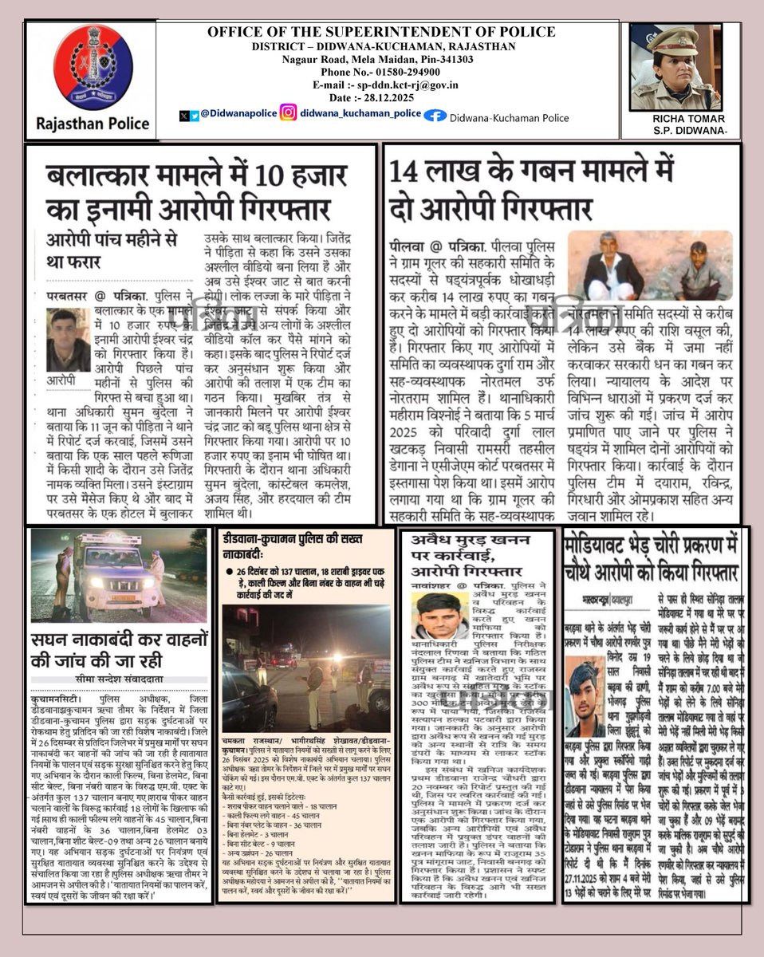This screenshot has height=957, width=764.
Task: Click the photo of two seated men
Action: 650,266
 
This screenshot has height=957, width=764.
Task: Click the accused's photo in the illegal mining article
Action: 441,616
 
